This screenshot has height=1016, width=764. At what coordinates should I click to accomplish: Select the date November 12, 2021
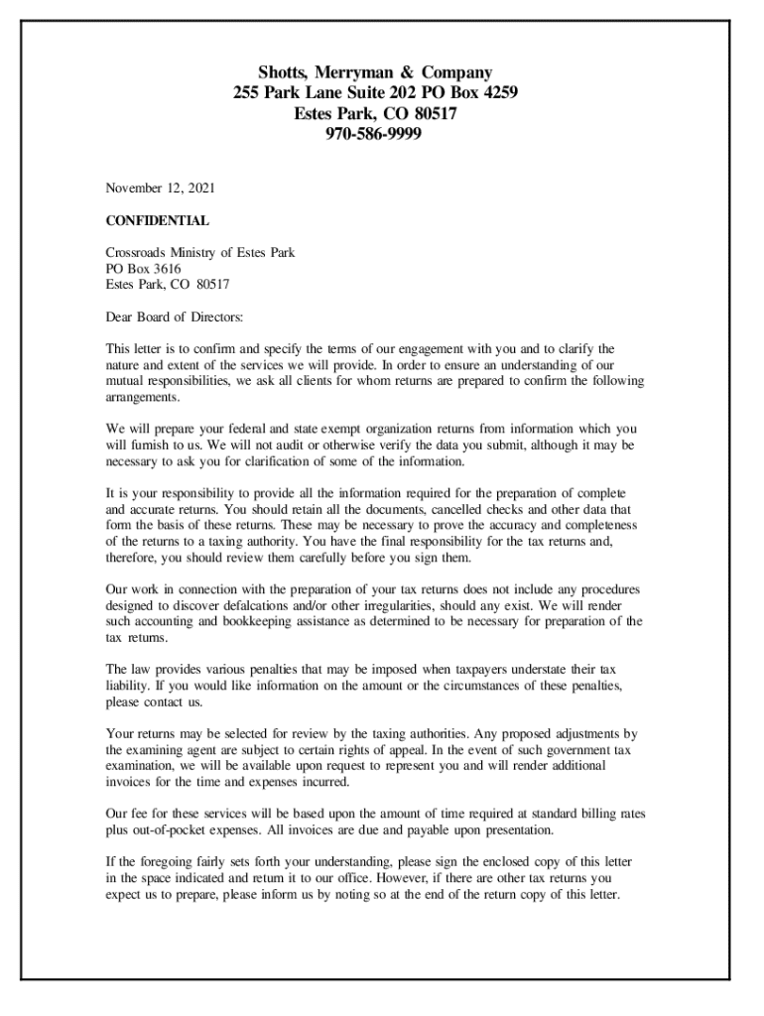tap(161, 187)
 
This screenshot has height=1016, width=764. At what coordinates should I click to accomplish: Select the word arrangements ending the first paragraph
tap(143, 397)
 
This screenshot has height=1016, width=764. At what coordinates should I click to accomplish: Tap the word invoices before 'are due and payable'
tap(356, 829)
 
